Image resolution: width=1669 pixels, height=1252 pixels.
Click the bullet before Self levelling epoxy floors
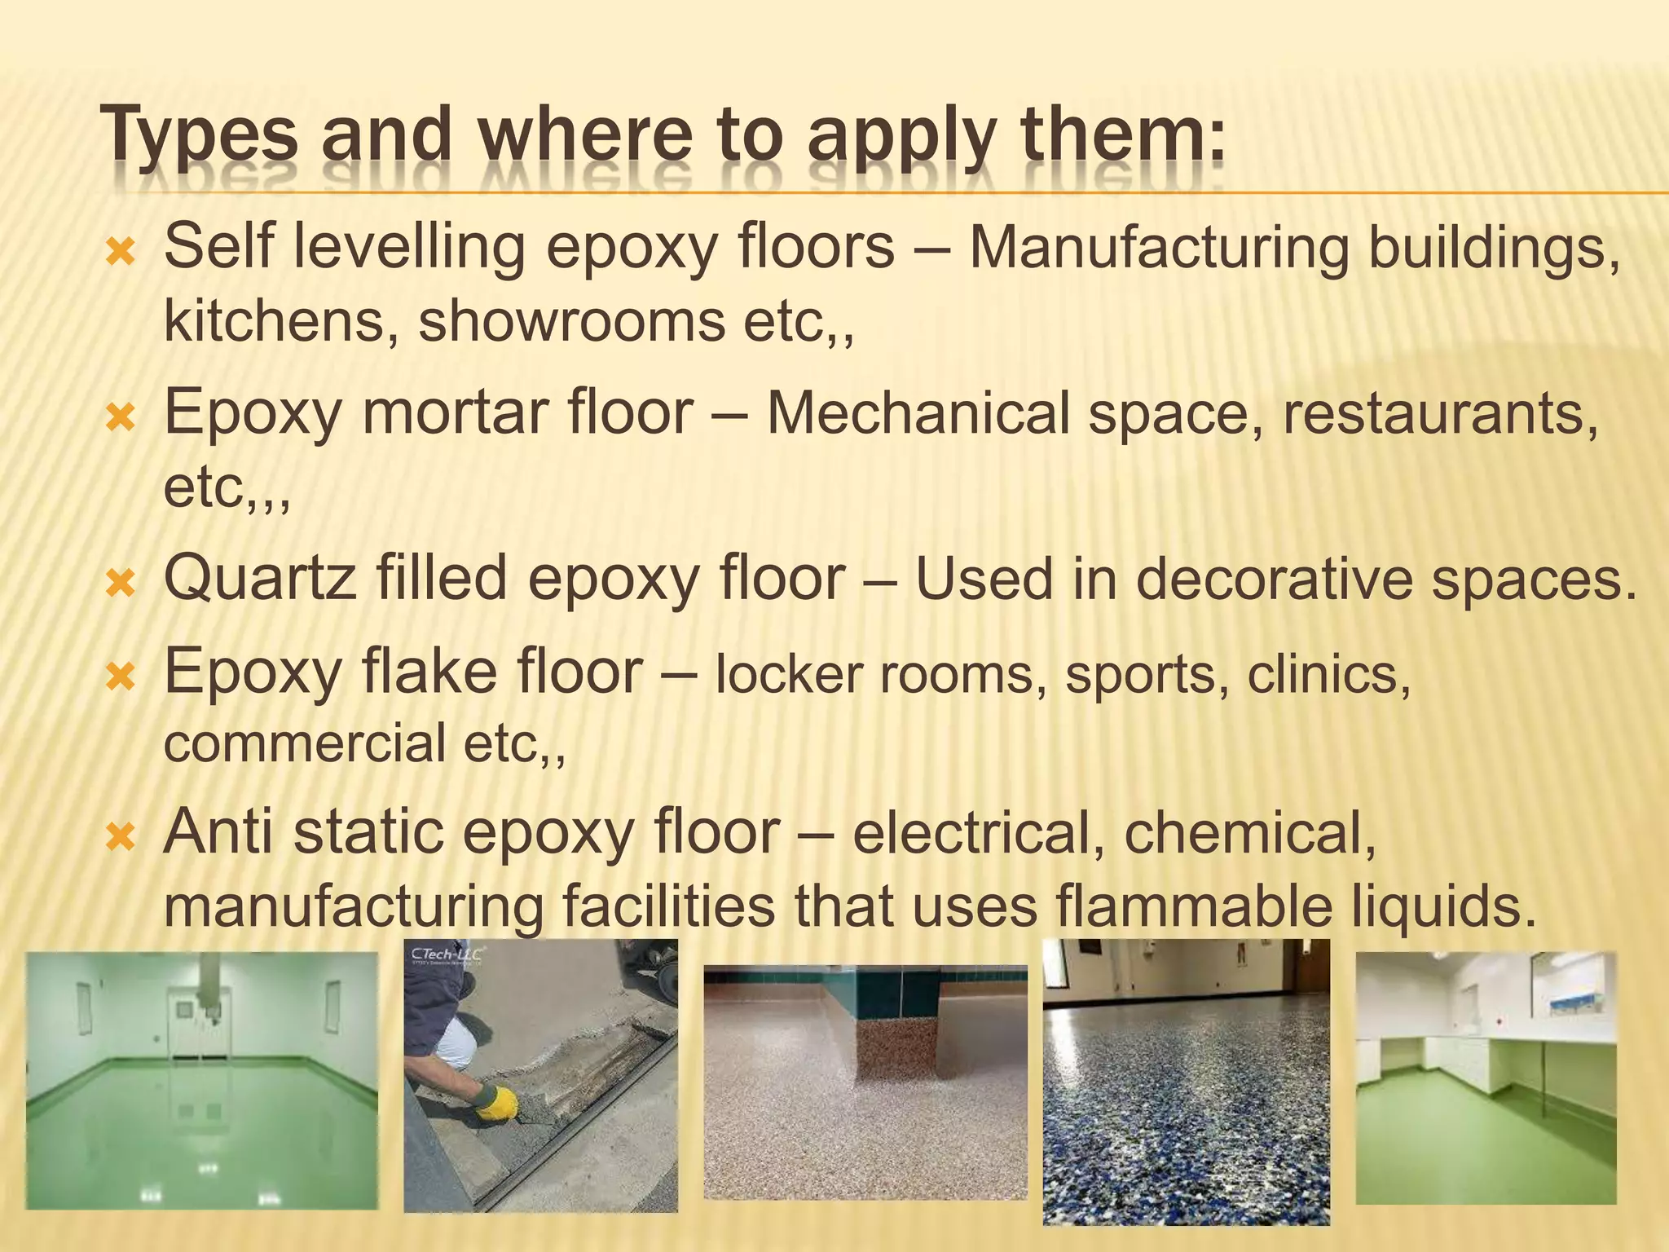[x=121, y=252]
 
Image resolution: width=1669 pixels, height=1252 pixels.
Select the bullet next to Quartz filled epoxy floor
[x=121, y=583]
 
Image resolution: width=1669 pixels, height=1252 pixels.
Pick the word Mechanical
[x=918, y=412]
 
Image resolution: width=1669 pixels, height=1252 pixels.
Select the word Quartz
[x=260, y=579]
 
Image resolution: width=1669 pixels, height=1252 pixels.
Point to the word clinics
[x=1328, y=675]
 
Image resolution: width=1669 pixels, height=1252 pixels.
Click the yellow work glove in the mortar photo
[x=495, y=1102]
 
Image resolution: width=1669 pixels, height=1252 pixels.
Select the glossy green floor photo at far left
[x=202, y=1081]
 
